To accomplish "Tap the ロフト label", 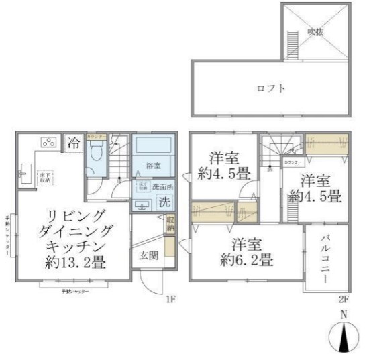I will point(272,88).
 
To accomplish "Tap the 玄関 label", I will point(149,255).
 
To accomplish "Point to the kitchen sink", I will point(25,176).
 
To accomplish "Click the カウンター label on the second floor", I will point(293,163).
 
